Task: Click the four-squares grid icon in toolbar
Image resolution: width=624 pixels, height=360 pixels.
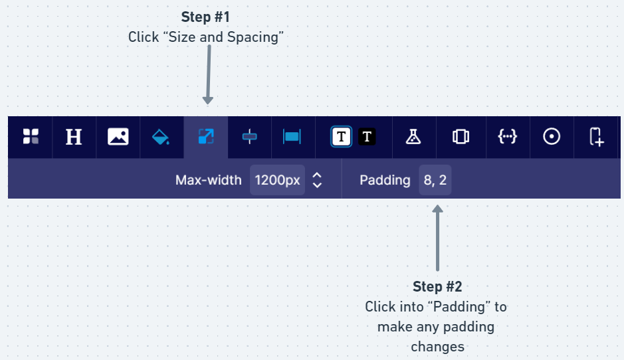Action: point(31,137)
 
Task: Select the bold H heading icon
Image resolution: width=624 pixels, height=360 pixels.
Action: point(74,137)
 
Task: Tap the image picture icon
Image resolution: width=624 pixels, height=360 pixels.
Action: point(118,137)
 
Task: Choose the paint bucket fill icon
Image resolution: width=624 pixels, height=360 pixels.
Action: point(161,137)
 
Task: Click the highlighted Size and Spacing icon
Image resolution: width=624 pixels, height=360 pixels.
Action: point(206,137)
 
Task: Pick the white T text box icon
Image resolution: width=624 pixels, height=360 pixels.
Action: point(341,137)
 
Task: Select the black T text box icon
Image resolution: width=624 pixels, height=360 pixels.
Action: point(367,137)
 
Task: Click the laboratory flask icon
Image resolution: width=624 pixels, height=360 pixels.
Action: point(413,137)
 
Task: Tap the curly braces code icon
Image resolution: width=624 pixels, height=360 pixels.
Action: point(507,137)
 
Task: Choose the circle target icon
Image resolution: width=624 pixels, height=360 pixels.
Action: point(552,137)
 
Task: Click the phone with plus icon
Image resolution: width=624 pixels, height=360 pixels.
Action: point(596,137)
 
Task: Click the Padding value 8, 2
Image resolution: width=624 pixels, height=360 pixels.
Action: point(435,180)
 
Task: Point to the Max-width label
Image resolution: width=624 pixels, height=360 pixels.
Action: point(209,180)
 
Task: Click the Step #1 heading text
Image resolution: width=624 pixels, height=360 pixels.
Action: point(205,17)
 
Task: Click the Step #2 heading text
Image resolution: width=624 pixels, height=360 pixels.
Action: point(437,286)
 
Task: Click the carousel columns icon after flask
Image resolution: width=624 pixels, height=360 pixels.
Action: point(461,137)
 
